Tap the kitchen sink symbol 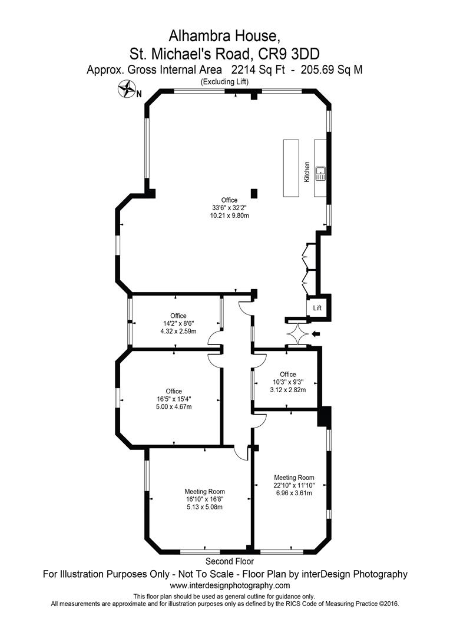321,173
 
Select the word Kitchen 307,171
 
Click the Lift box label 317,308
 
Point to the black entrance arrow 316,334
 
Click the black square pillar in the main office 254,194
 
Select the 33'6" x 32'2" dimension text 229,208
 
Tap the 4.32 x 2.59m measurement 178,331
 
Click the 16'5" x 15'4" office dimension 174,399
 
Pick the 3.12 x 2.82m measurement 287,390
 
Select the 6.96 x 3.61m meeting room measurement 294,493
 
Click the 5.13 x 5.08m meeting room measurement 204,506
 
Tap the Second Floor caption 230,561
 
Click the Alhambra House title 224,36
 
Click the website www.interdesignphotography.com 230,585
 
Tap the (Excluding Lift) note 225,81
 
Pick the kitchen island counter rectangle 291,168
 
